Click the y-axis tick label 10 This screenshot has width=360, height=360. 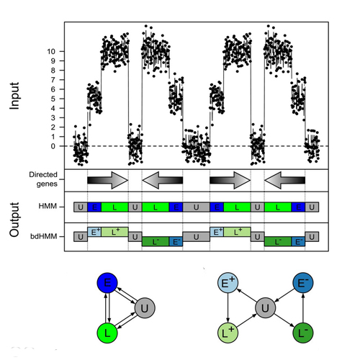point(51,51)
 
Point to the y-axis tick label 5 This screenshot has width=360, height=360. point(53,99)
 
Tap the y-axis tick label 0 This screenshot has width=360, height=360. point(53,146)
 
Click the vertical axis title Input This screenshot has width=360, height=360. point(14,96)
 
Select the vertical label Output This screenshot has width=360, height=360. point(14,220)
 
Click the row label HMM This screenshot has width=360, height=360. point(48,206)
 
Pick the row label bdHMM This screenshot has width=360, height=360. point(44,236)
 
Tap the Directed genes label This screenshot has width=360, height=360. point(43,179)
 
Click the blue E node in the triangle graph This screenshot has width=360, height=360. point(107,283)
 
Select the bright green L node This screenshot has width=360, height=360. point(107,333)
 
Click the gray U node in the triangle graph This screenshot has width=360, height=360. point(145,308)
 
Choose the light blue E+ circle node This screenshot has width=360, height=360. point(228,283)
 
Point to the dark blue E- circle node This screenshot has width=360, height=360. point(303,283)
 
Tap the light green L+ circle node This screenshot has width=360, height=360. point(228,333)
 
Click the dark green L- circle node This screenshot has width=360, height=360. point(303,333)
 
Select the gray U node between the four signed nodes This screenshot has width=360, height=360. point(265,308)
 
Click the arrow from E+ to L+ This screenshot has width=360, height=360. point(228,308)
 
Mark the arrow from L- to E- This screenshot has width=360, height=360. point(303,308)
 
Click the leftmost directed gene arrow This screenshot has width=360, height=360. point(108,180)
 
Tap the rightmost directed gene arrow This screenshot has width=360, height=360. point(285,180)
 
